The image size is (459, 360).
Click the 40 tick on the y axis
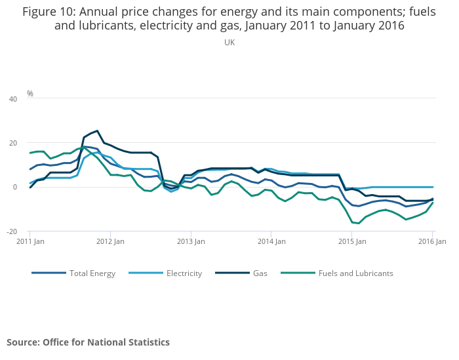tap(13, 99)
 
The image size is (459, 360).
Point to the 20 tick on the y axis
tap(13, 143)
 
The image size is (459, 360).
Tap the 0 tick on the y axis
tap(15, 187)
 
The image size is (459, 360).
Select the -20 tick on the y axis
tap(12, 231)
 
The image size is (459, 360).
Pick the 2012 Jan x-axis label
tap(110, 241)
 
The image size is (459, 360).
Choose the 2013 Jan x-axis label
tap(191, 241)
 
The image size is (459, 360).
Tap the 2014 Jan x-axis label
tap(271, 241)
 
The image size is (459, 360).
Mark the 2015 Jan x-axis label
tap(352, 241)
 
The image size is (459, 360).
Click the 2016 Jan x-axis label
tap(432, 241)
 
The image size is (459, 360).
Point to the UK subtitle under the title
tap(229, 43)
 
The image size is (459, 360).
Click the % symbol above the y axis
tap(30, 94)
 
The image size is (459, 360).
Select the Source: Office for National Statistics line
tap(88, 342)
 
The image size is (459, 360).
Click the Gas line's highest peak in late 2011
tap(97, 130)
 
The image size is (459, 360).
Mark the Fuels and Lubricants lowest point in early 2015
tap(359, 223)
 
